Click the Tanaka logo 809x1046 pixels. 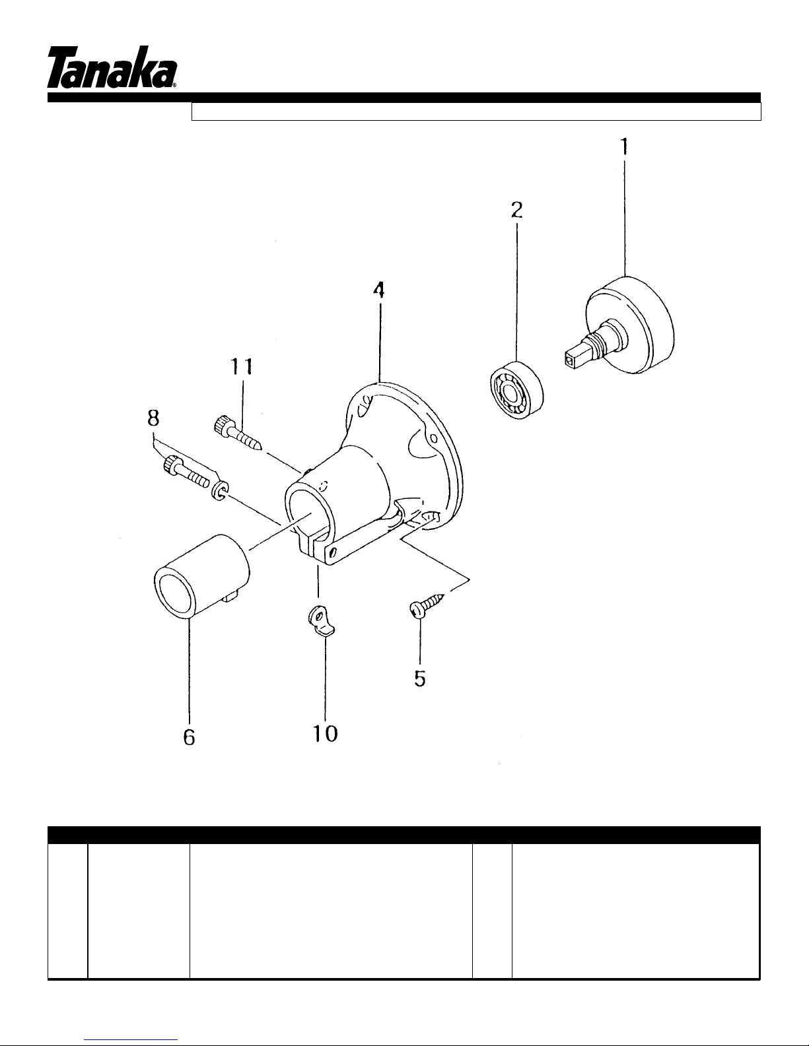point(112,67)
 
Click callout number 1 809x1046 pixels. point(624,147)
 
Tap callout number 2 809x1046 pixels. point(516,210)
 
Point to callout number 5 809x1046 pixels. point(420,678)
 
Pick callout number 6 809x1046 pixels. point(190,737)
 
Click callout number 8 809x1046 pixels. point(153,418)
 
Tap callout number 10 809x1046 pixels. point(326,734)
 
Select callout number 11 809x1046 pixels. point(242,368)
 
